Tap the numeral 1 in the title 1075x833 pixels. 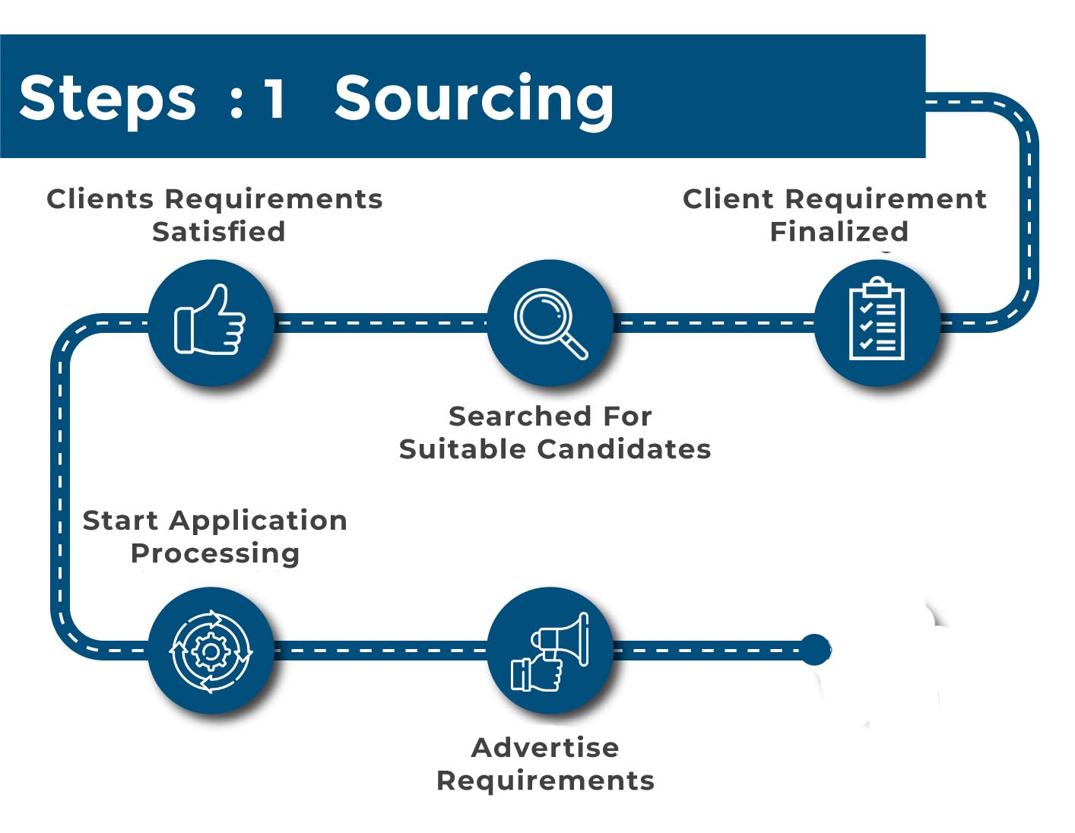pyautogui.click(x=274, y=98)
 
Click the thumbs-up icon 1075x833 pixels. pyautogui.click(x=209, y=319)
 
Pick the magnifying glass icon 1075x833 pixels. pyautogui.click(x=550, y=323)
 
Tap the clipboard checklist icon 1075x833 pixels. pyautogui.click(x=877, y=318)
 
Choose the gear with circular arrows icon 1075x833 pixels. pyautogui.click(x=211, y=651)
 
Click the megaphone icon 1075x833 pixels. pyautogui.click(x=550, y=651)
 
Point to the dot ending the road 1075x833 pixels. pyautogui.click(x=815, y=650)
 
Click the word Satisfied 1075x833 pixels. pyautogui.click(x=219, y=231)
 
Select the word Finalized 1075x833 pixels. pyautogui.click(x=839, y=231)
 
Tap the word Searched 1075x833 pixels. pyautogui.click(x=519, y=416)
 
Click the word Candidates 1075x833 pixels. pyautogui.click(x=624, y=449)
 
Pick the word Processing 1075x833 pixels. pyautogui.click(x=215, y=554)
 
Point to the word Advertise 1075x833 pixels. pyautogui.click(x=545, y=747)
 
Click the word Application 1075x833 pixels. pyautogui.click(x=258, y=522)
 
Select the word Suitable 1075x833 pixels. pyautogui.click(x=462, y=449)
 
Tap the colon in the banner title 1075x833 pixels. pyautogui.click(x=236, y=103)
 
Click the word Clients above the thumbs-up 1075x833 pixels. pyautogui.click(x=100, y=198)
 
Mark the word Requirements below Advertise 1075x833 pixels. pyautogui.click(x=545, y=781)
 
